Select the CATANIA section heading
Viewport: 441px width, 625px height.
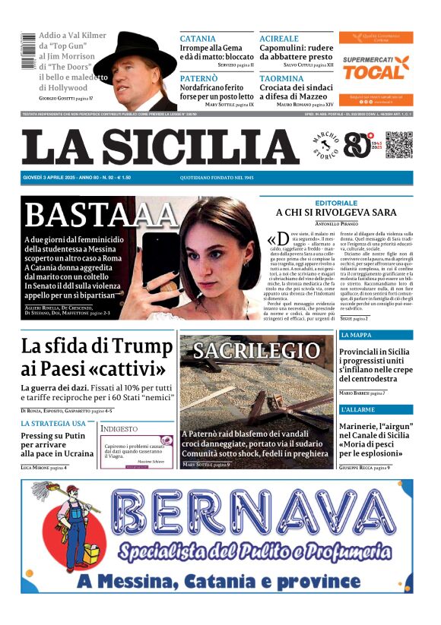click(x=198, y=39)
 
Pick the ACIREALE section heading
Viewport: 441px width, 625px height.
click(x=279, y=39)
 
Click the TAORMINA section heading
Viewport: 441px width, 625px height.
click(x=281, y=78)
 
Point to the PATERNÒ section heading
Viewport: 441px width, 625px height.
click(x=199, y=78)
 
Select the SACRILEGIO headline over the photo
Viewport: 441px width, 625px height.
click(x=256, y=350)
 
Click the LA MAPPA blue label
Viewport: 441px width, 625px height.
click(x=356, y=335)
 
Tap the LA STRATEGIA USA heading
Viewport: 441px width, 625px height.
click(x=53, y=423)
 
